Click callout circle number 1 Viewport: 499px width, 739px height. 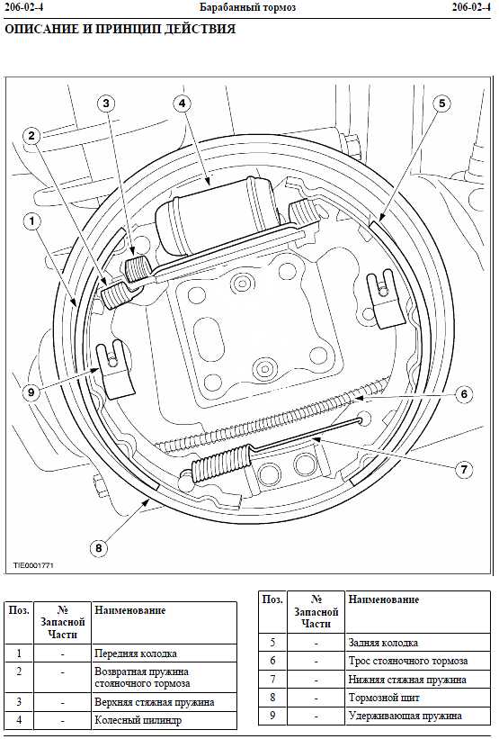pyautogui.click(x=32, y=221)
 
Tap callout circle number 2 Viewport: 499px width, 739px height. pyautogui.click(x=31, y=136)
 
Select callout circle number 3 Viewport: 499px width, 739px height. pyautogui.click(x=106, y=104)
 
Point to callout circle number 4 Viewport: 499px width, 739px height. pyautogui.click(x=183, y=104)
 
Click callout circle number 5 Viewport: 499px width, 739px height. pyautogui.click(x=441, y=104)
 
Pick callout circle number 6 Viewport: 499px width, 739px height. pyautogui.click(x=464, y=393)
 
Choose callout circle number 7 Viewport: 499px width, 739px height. pyautogui.click(x=464, y=470)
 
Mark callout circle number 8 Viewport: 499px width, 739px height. pyautogui.click(x=98, y=547)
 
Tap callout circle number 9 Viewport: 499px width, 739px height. pyautogui.click(x=31, y=392)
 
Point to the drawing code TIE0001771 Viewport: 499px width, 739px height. pyautogui.click(x=33, y=565)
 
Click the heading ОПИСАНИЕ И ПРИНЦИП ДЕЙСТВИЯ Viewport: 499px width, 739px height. pyautogui.click(x=120, y=29)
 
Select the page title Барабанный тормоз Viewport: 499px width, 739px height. pyautogui.click(x=247, y=7)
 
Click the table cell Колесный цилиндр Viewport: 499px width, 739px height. pyautogui.click(x=138, y=720)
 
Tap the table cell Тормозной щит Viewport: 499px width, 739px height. pyautogui.click(x=384, y=698)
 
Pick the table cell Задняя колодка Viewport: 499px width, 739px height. pyautogui.click(x=383, y=643)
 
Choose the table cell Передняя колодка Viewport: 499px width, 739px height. pyautogui.click(x=136, y=653)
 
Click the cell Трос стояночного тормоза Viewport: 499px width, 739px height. pyautogui.click(x=408, y=661)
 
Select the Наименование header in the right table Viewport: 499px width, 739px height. pyautogui.click(x=384, y=599)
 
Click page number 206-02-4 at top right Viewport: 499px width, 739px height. pyautogui.click(x=471, y=7)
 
